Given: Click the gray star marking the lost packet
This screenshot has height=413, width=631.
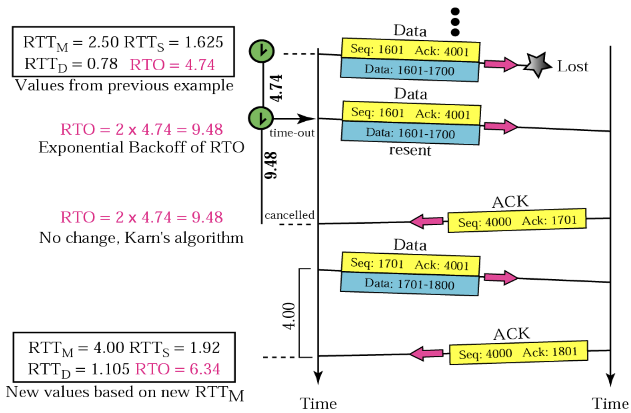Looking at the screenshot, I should click(x=538, y=65).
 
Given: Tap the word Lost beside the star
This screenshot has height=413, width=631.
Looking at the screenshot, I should click(x=572, y=66).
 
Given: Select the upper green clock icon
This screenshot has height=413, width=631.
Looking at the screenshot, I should click(x=262, y=51).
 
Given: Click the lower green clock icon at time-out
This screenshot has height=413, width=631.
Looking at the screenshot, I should click(x=261, y=117).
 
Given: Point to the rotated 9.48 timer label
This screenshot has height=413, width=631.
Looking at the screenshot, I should click(x=272, y=165).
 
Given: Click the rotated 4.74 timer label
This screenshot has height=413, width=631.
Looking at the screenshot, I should click(x=276, y=88).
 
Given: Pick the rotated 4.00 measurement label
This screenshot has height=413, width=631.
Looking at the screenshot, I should click(x=289, y=316).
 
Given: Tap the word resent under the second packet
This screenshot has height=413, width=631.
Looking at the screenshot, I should click(x=410, y=150).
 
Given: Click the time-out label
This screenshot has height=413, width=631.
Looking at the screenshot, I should click(x=292, y=133).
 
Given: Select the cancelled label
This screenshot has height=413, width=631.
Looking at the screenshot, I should click(x=289, y=215).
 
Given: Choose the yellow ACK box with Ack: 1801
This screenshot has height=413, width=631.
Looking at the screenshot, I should click(x=518, y=353).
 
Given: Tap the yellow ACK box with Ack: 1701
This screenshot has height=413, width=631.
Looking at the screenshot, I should click(x=517, y=221).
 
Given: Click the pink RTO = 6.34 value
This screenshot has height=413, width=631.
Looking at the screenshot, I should click(x=177, y=369).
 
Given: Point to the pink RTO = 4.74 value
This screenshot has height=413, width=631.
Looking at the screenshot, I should click(x=172, y=65).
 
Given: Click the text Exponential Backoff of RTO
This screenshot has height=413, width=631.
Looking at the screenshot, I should click(x=141, y=148).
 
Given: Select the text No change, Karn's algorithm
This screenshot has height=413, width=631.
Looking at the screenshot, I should click(x=141, y=238).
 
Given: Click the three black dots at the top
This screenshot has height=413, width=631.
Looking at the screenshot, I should click(x=455, y=22).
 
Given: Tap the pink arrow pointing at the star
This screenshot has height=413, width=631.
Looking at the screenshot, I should click(x=500, y=64).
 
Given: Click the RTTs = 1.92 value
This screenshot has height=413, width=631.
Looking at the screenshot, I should click(x=174, y=348).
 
